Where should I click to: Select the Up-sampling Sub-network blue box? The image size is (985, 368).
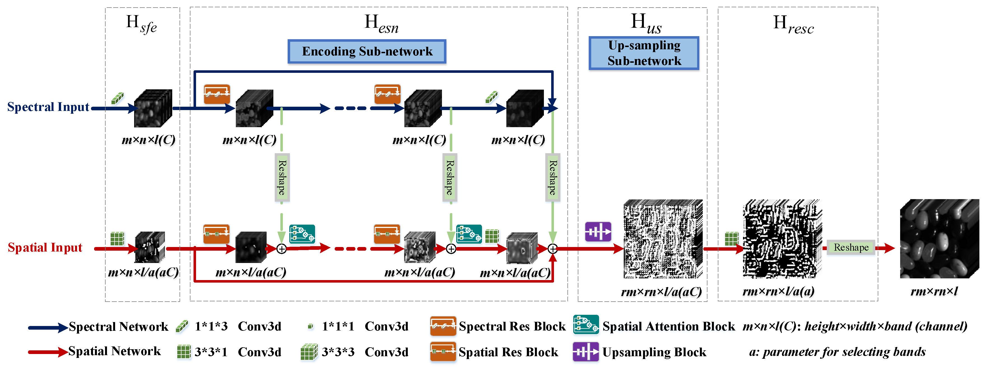point(644,53)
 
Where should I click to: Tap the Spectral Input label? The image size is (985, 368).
point(48,107)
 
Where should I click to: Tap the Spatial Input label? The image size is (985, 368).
point(45,248)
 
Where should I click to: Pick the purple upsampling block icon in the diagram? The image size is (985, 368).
point(598,231)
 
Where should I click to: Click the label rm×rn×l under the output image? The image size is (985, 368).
point(934,292)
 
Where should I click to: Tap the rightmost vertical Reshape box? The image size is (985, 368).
point(553,178)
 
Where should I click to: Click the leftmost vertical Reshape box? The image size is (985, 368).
point(282,178)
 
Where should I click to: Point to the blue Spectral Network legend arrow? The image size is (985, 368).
point(48,327)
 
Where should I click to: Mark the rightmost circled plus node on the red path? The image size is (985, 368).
point(553,249)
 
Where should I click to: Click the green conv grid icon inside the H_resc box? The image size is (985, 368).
point(731,239)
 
